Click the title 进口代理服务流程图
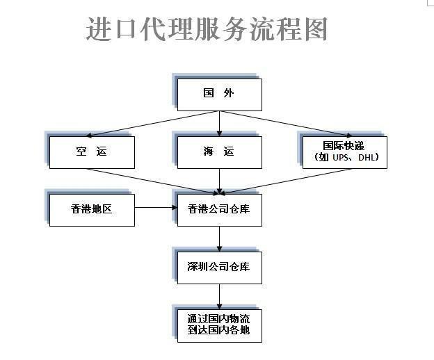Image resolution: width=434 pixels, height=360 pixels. click(x=207, y=29)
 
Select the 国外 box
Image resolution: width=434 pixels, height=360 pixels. click(x=219, y=95)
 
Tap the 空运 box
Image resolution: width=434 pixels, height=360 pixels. click(x=92, y=152)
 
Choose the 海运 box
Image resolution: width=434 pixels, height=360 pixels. click(x=219, y=152)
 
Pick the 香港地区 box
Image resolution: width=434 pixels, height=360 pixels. click(x=92, y=209)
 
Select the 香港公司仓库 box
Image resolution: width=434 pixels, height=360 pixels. click(x=219, y=209)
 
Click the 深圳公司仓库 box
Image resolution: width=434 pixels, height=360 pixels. click(x=219, y=267)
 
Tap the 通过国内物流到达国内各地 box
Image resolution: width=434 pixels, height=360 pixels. click(x=219, y=325)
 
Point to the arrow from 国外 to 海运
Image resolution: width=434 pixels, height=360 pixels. click(x=219, y=123)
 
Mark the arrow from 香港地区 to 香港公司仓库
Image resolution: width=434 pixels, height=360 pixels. click(x=155, y=208)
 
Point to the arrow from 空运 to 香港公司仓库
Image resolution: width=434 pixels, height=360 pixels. click(x=153, y=180)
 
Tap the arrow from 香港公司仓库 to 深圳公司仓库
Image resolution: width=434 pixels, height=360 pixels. click(x=219, y=238)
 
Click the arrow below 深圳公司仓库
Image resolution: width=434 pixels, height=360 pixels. click(x=219, y=295)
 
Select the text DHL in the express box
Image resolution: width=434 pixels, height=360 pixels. click(x=368, y=158)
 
